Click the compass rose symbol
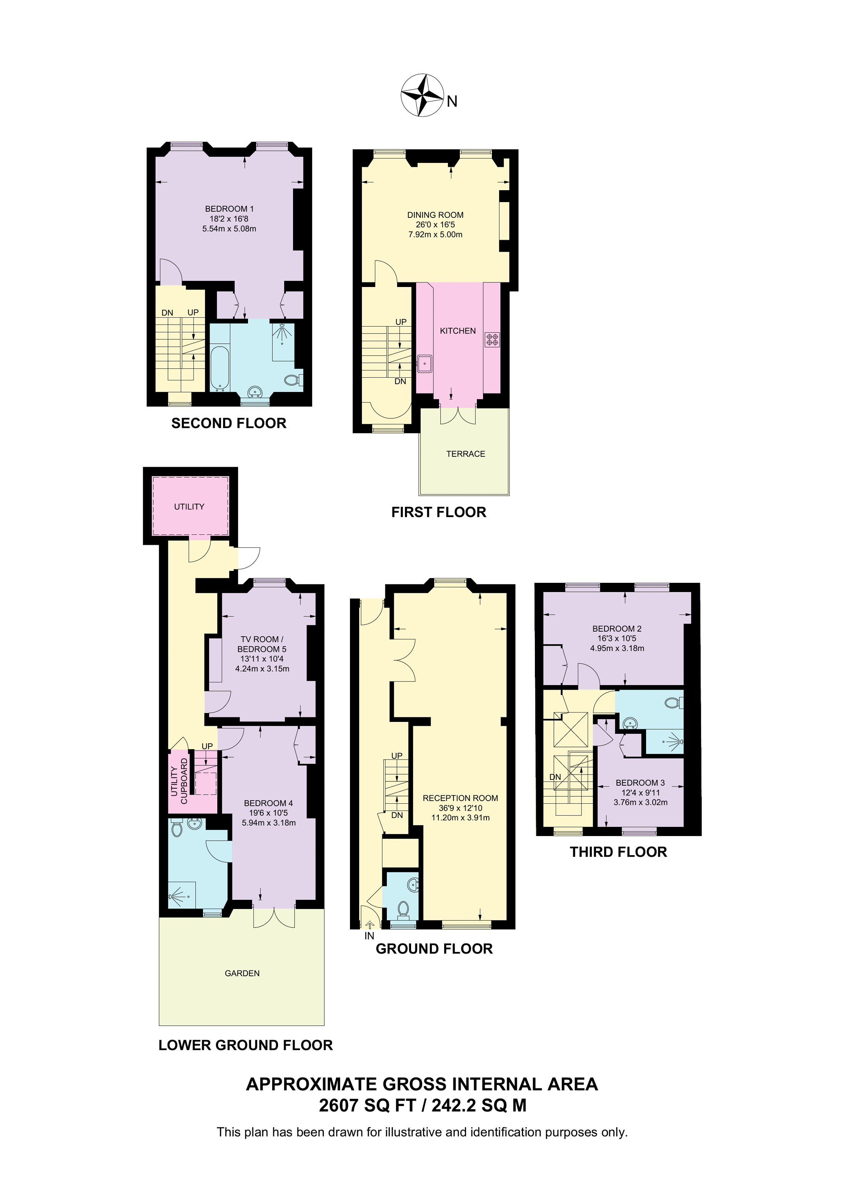click(422, 95)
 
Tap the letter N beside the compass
click(451, 101)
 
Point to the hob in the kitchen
click(492, 340)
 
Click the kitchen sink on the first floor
click(424, 363)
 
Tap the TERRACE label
click(465, 454)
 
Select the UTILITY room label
click(189, 506)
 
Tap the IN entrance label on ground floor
click(369, 936)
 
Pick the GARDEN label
click(242, 973)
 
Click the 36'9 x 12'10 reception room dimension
click(460, 808)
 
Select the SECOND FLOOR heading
click(229, 423)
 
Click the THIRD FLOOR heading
click(618, 852)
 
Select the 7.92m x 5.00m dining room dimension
click(435, 234)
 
